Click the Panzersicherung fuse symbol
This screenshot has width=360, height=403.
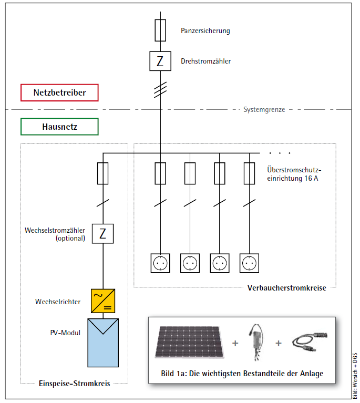[161, 31]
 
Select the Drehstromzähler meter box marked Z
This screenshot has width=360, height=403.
[160, 61]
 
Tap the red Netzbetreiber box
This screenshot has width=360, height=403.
[59, 92]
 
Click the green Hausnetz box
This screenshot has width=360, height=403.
[59, 127]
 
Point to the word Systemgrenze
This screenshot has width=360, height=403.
[264, 110]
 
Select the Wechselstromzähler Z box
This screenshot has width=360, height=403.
[103, 233]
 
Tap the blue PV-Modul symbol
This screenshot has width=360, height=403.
[103, 342]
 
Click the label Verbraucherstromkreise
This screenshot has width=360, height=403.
[286, 288]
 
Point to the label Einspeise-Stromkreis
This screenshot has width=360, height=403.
[75, 384]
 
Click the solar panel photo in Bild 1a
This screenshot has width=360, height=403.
[191, 342]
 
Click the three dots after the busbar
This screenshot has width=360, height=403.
[280, 153]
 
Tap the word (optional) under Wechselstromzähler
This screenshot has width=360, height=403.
[70, 238]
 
